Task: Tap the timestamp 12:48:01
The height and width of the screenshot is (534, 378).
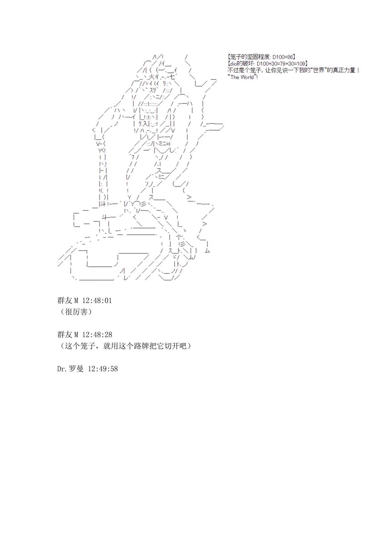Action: click(97, 301)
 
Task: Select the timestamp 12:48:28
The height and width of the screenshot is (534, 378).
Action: click(97, 335)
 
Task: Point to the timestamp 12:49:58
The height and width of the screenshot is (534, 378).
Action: click(103, 369)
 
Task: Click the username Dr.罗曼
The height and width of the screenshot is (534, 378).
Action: click(70, 369)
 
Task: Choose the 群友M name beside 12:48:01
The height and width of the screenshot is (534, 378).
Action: click(68, 301)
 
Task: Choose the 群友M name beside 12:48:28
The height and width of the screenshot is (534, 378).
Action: click(68, 335)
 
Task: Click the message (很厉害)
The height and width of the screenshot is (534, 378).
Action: click(75, 312)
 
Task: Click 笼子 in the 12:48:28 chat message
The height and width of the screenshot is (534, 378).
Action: click(89, 346)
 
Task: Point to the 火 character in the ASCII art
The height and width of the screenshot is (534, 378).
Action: click(151, 77)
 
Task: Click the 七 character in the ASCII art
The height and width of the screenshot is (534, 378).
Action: click(173, 77)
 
